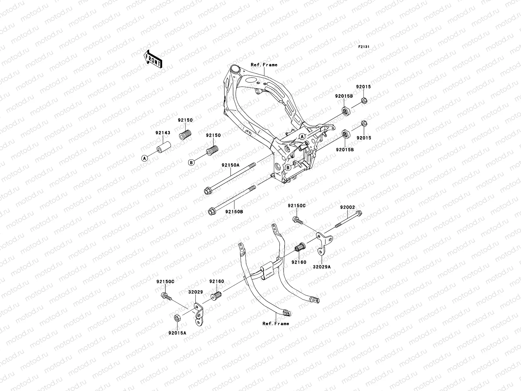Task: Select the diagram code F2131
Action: (364, 47)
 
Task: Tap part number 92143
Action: (163, 133)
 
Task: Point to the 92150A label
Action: (231, 165)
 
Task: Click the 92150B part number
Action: (234, 211)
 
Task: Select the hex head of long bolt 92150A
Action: (207, 191)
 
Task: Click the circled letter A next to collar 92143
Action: (145, 158)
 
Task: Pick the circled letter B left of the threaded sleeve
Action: (191, 162)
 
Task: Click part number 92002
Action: (347, 207)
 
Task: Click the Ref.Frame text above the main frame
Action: (264, 65)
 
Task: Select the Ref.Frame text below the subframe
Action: (276, 324)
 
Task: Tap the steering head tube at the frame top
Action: (234, 70)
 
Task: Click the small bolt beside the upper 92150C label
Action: (297, 220)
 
